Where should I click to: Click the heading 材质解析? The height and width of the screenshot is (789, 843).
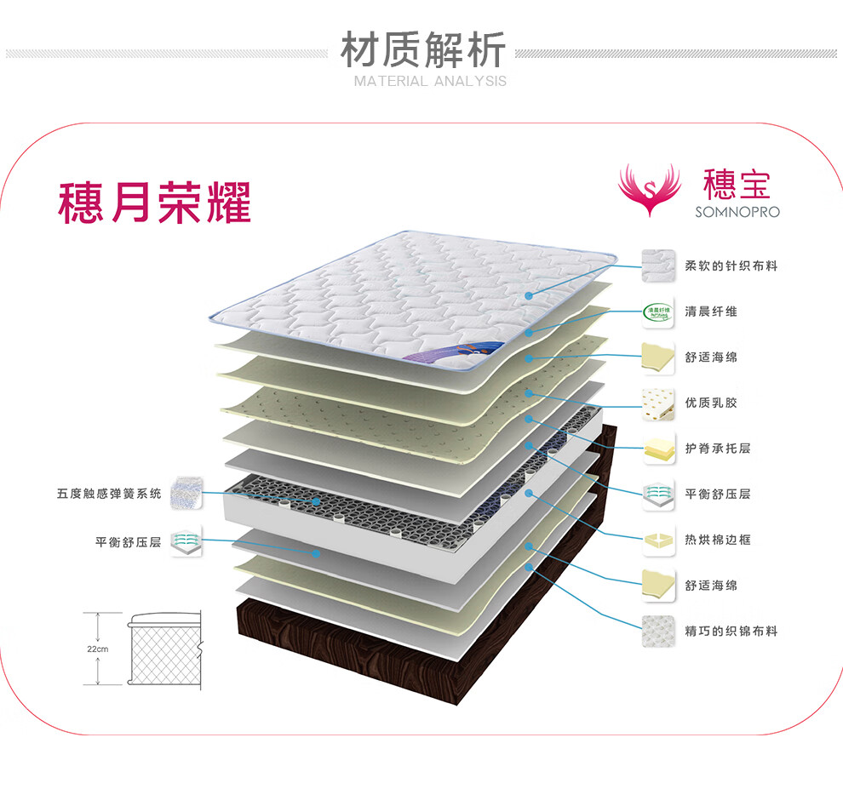[x=423, y=49]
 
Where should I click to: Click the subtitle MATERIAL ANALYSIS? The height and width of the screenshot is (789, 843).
[x=430, y=81]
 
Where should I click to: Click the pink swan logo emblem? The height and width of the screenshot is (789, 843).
[x=649, y=189]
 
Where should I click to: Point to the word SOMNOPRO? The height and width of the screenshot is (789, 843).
[x=737, y=212]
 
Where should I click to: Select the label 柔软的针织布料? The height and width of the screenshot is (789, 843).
[x=731, y=266]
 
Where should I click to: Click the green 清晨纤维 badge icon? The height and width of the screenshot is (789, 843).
[x=658, y=312]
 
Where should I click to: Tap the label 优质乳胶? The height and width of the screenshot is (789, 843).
[x=711, y=403]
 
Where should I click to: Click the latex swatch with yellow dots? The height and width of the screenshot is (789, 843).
[x=658, y=403]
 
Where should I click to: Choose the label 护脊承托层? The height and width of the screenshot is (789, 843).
[x=718, y=449]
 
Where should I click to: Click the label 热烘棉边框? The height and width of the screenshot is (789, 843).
[x=718, y=540]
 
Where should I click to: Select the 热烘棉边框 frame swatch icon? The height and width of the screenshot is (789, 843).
[x=658, y=540]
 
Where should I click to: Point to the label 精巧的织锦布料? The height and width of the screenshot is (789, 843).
[x=731, y=631]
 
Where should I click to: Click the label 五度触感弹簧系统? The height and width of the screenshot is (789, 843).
[x=109, y=494]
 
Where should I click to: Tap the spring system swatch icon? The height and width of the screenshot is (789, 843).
[x=186, y=492]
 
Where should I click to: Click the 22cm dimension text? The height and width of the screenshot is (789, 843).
[x=98, y=649]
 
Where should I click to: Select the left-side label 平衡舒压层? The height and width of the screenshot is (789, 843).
[x=129, y=542]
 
